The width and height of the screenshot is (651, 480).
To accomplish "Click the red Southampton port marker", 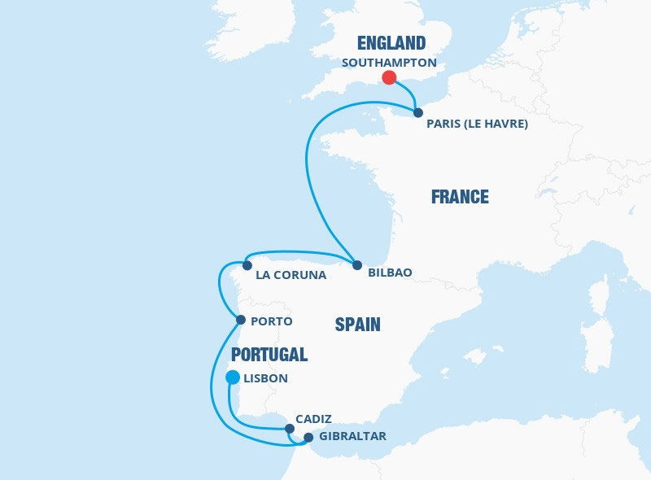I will (x=389, y=78).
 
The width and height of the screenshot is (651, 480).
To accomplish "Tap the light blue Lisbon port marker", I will (x=232, y=377).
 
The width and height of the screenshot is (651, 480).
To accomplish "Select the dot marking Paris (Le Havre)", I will (x=417, y=113).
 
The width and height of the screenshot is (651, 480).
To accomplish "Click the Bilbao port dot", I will (x=357, y=264).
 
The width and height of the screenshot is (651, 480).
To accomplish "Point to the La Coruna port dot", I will (x=247, y=264).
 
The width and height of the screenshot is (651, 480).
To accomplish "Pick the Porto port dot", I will (x=240, y=321).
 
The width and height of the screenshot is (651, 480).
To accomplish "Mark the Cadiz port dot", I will (x=290, y=429).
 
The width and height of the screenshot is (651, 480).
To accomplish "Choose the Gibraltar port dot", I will (x=308, y=438).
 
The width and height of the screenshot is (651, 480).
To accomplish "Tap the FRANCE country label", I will (x=460, y=197).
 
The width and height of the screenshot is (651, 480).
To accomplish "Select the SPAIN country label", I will (x=357, y=325).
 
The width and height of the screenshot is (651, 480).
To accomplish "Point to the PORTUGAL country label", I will (x=269, y=355).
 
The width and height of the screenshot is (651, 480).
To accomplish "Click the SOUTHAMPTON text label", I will (x=390, y=62).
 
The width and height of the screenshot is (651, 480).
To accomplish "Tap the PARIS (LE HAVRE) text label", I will (x=478, y=124).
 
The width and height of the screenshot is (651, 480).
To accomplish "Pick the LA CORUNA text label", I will (x=291, y=275).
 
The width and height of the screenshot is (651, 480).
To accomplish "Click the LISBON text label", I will (x=265, y=378).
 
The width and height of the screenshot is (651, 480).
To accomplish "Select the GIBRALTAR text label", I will (x=352, y=437).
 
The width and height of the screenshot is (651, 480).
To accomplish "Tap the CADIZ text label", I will (x=314, y=418).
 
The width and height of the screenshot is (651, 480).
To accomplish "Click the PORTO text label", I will (x=272, y=321).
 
